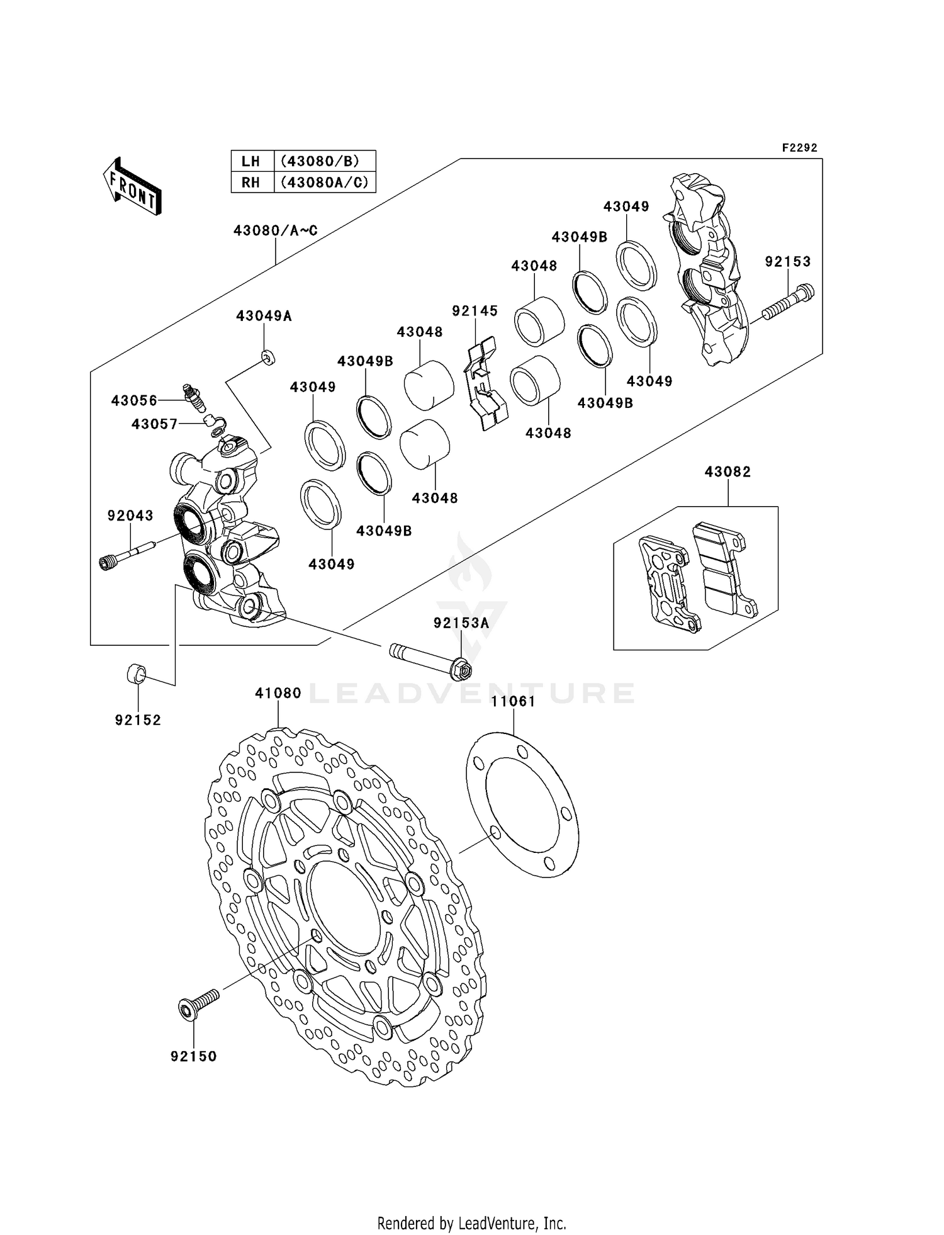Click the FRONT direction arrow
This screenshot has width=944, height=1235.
click(x=133, y=187)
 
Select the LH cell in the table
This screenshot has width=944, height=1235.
click(x=251, y=161)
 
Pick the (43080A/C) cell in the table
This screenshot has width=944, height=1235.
click(x=324, y=183)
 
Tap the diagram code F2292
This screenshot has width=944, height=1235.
click(x=799, y=148)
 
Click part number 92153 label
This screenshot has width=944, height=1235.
click(x=788, y=261)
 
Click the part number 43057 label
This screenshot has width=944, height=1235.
click(x=154, y=424)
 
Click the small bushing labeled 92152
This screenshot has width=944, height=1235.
click(x=137, y=675)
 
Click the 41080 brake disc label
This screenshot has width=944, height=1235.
click(x=278, y=693)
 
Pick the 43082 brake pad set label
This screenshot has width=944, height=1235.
click(x=728, y=471)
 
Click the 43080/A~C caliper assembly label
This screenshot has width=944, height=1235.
click(x=275, y=230)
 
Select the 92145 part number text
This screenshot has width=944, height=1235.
click(x=475, y=310)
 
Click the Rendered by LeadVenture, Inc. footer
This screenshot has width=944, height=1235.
click(x=471, y=1223)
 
